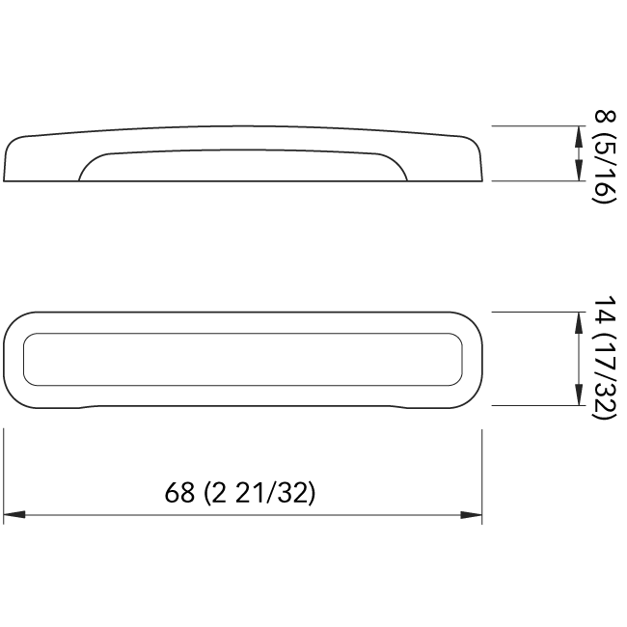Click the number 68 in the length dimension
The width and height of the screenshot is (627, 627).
[179, 492]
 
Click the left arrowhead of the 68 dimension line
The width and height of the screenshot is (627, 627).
[14, 515]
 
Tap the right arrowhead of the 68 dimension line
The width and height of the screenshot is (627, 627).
[471, 515]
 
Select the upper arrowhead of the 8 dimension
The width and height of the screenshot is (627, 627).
[578, 137]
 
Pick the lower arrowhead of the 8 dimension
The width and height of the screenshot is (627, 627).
[578, 170]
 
